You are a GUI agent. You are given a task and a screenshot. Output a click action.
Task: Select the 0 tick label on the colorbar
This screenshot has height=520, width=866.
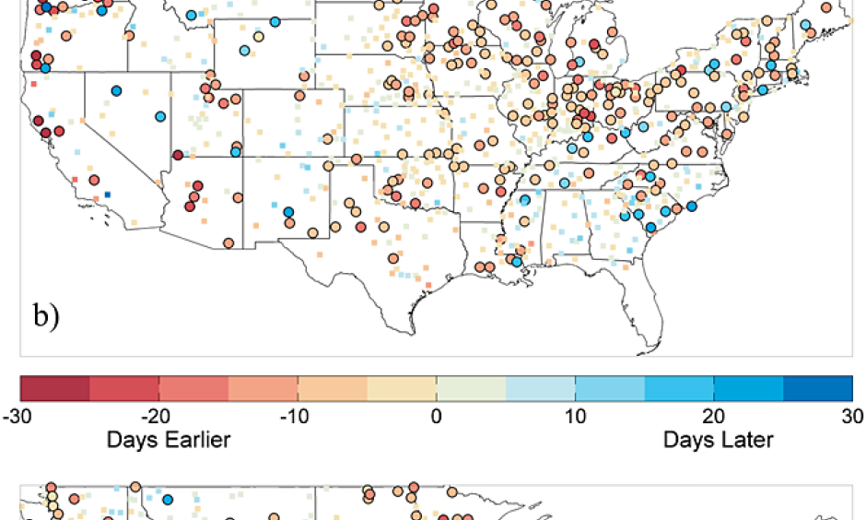coord(436,413)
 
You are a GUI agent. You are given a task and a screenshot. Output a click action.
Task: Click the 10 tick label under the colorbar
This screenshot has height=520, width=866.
coord(575,413)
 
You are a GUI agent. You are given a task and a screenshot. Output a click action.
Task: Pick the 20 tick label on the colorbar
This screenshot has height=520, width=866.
coord(714,413)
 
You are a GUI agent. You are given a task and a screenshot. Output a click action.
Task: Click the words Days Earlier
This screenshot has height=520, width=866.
coord(169,439)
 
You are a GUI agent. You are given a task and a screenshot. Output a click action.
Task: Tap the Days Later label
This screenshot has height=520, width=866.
coord(718,439)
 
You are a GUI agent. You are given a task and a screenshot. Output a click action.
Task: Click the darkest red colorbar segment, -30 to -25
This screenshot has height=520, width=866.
coord(54,388)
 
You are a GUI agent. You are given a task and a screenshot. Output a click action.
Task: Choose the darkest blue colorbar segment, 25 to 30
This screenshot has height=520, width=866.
coord(818,388)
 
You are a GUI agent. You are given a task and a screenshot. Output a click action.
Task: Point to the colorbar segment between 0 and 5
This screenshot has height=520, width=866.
coord(471,388)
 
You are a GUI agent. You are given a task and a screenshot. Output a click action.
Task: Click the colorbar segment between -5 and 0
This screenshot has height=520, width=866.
coord(401,388)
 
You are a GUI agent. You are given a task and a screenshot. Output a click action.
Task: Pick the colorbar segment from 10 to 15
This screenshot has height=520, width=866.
coord(610,388)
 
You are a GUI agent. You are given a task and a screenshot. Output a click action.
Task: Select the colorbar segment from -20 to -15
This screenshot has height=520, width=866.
coord(193,388)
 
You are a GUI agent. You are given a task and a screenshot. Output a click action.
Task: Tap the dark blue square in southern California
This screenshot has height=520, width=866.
coord(108,195)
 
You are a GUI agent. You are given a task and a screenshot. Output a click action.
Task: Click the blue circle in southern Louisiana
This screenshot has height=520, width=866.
coord(517,262)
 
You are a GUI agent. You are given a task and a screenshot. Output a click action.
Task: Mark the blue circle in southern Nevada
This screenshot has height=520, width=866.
coord(160,117)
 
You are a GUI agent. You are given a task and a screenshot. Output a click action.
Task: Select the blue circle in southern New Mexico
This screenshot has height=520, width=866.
coord(288,213)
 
